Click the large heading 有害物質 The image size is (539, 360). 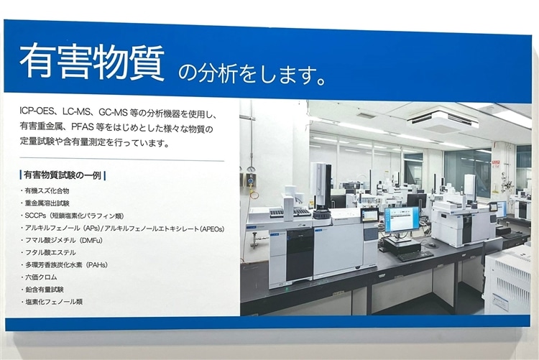point(92,62)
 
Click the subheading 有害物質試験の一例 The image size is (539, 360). point(63,175)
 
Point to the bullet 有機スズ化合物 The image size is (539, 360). point(47,191)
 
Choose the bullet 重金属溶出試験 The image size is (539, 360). point(47,203)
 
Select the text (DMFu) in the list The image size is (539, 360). point(91,240)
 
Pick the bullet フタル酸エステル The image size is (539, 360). point(50,252)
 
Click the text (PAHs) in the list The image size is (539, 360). point(96,264)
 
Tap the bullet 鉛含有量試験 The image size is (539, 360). point(45,290)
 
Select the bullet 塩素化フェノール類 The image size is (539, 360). point(54,302)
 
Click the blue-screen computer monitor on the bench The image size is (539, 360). point(402,219)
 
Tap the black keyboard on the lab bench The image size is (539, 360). point(415,256)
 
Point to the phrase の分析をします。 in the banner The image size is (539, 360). point(252,74)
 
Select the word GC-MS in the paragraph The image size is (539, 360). point(113,112)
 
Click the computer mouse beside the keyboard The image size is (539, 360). point(433,245)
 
